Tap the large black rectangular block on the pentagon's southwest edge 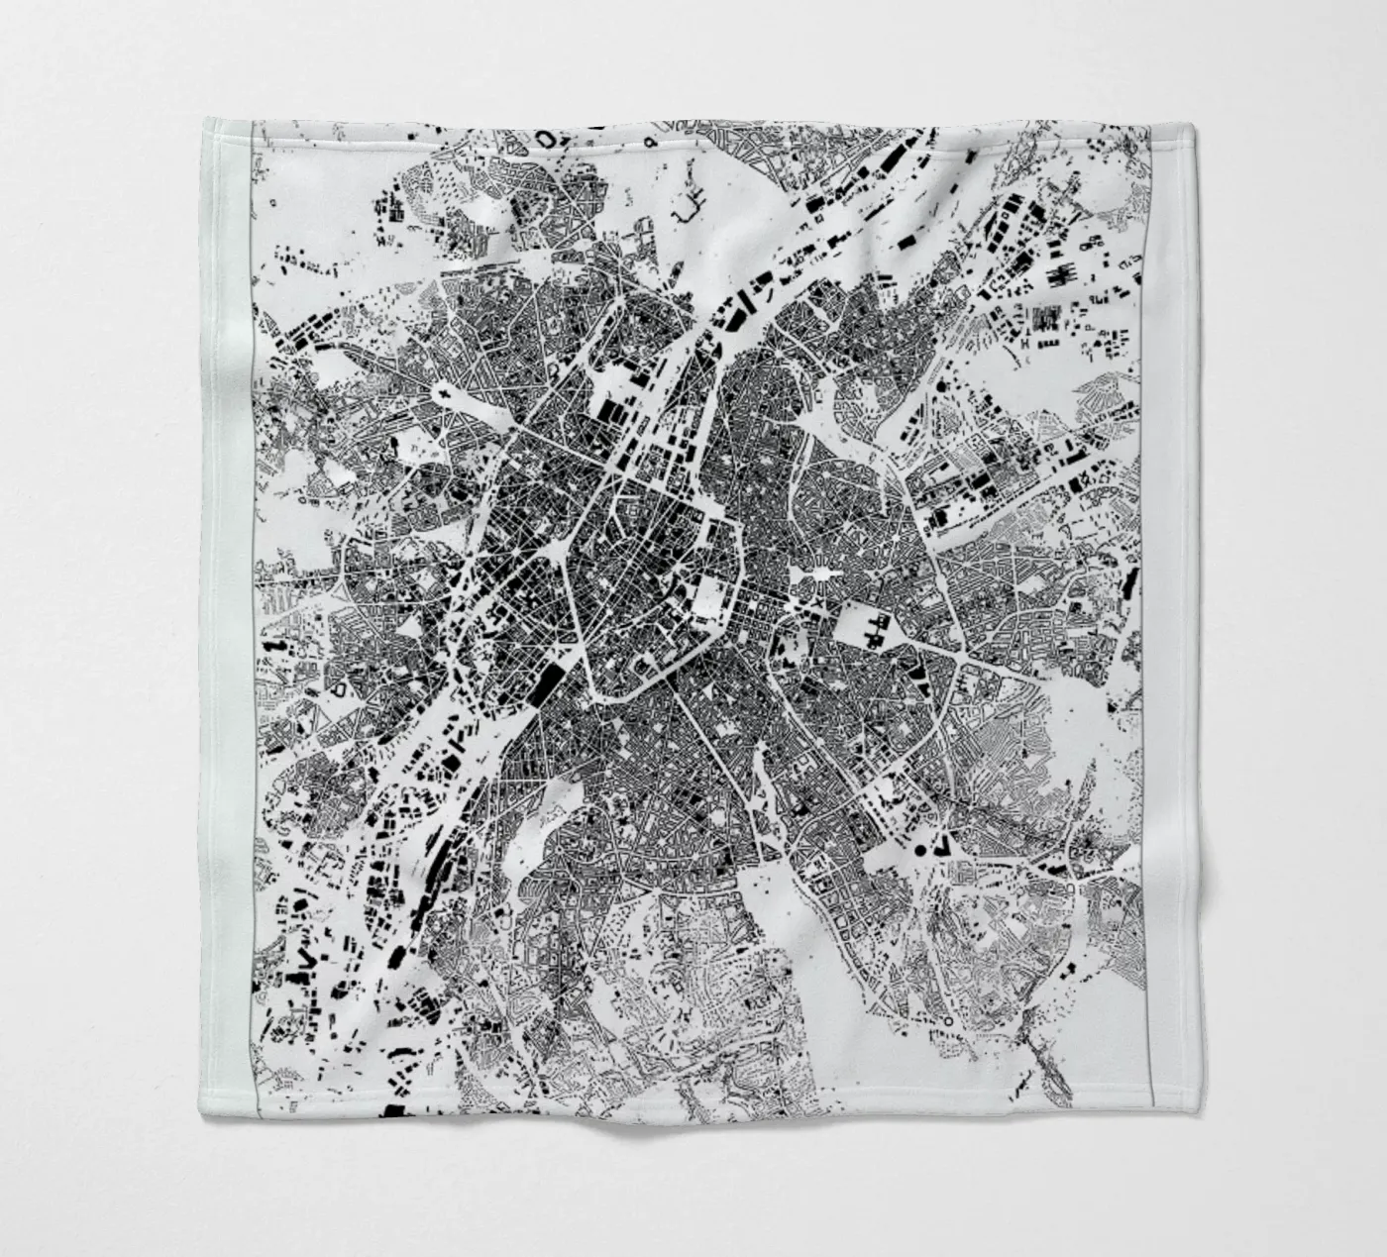pyautogui.click(x=547, y=681)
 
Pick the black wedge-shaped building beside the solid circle pyautogui.click(x=940, y=845)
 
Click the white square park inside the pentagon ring pyautogui.click(x=709, y=594)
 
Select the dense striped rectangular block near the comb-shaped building pyautogui.click(x=1045, y=318)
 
